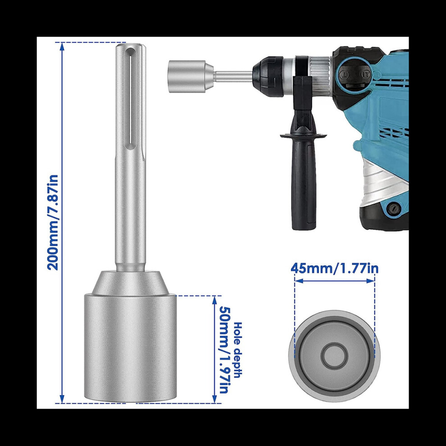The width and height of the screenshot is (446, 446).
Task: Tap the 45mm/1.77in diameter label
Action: coord(334,269)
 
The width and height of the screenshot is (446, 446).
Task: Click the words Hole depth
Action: coord(237,350)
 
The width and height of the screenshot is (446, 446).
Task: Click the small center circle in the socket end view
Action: coord(334,354)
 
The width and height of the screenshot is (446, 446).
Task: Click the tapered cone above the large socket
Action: coord(130,282)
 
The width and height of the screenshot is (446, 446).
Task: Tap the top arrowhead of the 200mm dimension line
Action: coord(62,45)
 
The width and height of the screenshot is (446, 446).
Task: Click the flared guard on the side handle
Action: coord(303,135)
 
